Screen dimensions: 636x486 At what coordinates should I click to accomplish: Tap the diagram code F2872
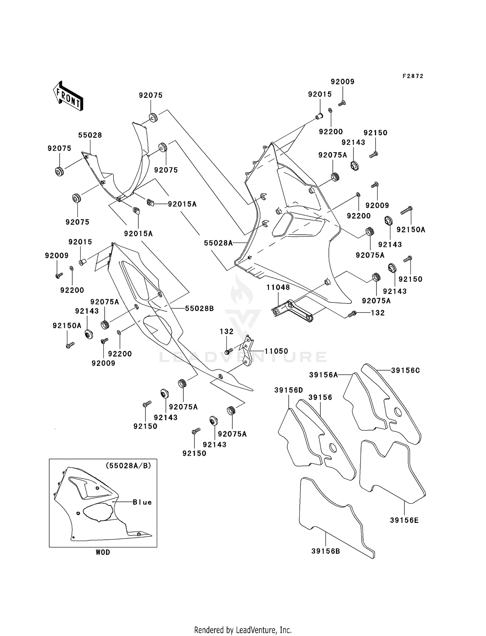(413, 76)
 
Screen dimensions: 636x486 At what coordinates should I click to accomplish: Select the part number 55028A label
(218, 243)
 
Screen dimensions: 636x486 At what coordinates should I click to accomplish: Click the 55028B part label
(199, 308)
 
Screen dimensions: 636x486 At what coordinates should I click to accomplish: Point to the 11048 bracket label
(278, 287)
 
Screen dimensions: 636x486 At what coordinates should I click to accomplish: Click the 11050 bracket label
(276, 351)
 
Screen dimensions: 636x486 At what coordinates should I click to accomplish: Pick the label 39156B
(326, 551)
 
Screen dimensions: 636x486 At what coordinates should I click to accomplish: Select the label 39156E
(404, 520)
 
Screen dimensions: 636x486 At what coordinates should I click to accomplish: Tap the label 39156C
(405, 370)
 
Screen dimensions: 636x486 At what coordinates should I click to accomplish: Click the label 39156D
(288, 390)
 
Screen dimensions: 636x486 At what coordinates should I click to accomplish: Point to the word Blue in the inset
(142, 502)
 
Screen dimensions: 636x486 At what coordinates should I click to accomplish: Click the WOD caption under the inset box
(103, 552)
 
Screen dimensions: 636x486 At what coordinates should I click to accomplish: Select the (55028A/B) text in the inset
(128, 465)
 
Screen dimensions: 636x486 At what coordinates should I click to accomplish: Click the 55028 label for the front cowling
(90, 135)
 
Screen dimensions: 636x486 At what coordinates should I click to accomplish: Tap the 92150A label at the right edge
(411, 230)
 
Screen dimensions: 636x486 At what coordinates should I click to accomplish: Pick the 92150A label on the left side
(67, 325)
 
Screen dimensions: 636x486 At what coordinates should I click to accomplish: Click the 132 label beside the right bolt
(377, 313)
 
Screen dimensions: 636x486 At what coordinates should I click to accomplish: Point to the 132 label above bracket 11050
(226, 331)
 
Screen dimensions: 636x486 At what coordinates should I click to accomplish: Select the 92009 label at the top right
(342, 82)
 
